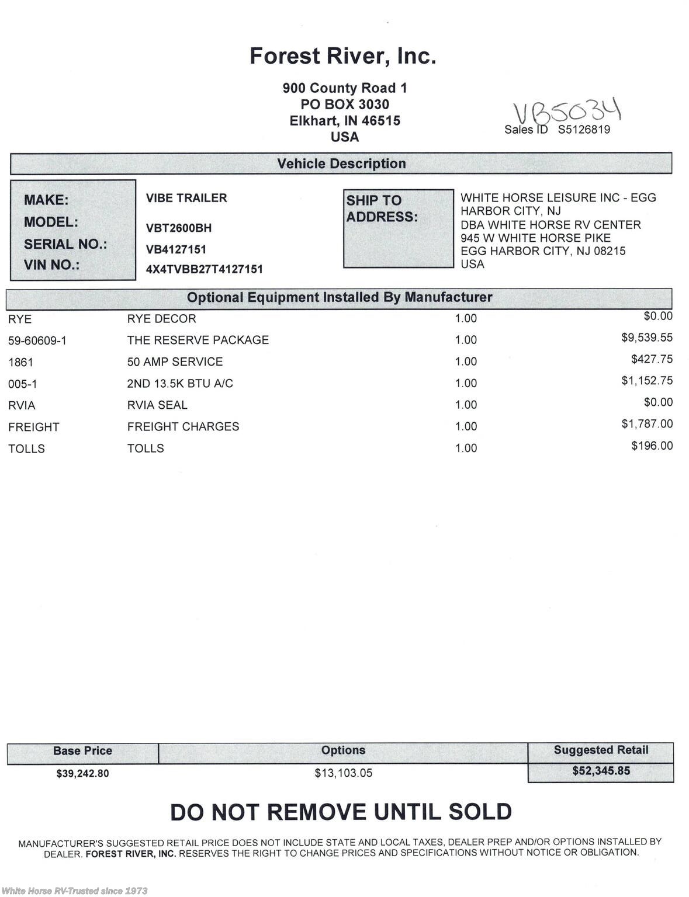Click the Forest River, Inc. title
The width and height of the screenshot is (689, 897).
point(342,56)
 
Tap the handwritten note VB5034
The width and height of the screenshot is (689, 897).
point(566,112)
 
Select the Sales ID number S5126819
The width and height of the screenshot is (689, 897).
point(583,130)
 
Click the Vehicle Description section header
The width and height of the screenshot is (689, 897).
point(341,164)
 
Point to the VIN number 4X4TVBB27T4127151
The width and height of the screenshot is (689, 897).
point(204,269)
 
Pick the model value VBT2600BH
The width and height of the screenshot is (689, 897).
point(179,228)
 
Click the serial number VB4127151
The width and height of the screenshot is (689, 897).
point(176,249)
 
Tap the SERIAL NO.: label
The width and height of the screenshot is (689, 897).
point(65,244)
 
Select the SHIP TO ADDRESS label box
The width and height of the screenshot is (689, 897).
point(398,228)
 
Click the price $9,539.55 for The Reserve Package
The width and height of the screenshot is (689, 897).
point(646,338)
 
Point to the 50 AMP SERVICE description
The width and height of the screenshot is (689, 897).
point(175,362)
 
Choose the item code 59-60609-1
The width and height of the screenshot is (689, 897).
point(37,340)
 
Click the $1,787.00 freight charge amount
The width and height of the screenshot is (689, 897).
point(646,424)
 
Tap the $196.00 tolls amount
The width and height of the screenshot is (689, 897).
point(652,446)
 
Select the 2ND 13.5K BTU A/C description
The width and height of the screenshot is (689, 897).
point(180,384)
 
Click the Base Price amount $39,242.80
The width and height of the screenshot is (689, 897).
point(82,773)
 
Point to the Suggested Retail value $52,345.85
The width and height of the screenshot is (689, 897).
point(601,771)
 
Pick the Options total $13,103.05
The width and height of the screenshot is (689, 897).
point(343,773)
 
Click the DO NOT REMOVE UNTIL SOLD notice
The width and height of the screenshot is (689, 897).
point(341,812)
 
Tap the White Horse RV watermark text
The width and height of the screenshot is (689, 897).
point(74,891)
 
